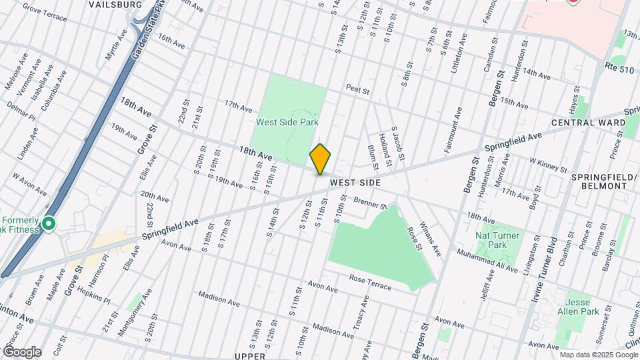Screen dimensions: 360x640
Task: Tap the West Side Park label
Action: (x=287, y=122)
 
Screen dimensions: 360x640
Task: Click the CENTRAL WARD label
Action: (x=588, y=123)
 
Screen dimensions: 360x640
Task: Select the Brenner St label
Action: (x=371, y=203)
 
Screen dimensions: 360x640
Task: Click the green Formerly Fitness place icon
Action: (x=48, y=224)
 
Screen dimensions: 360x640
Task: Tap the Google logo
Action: (x=21, y=352)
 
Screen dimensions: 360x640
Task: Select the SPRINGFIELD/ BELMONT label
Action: (x=599, y=181)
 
